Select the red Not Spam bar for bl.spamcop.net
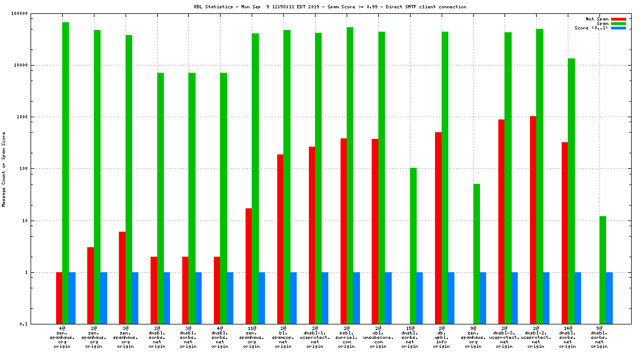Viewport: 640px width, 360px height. (x=281, y=239)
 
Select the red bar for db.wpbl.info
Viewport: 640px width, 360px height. (x=438, y=228)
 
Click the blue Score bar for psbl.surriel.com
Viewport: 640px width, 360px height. (x=356, y=298)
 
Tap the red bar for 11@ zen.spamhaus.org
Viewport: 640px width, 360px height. (x=249, y=266)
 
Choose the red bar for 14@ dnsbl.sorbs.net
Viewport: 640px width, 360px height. (x=565, y=233)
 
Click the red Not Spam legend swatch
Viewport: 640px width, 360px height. (x=618, y=19)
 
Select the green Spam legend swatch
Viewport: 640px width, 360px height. (x=618, y=23)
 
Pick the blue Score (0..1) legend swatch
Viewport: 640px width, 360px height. (x=618, y=28)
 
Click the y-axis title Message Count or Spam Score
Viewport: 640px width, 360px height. (x=4, y=169)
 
